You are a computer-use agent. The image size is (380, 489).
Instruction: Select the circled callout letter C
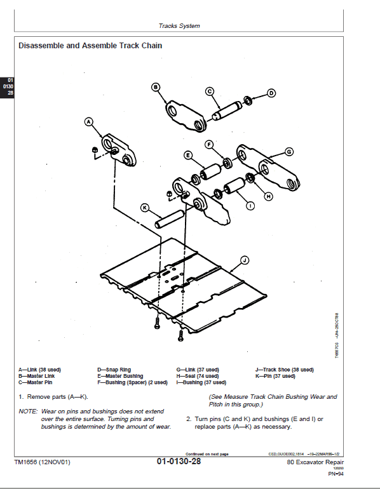click(x=210, y=91)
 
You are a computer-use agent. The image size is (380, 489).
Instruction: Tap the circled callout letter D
click(x=271, y=93)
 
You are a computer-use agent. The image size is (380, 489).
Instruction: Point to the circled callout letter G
click(x=288, y=152)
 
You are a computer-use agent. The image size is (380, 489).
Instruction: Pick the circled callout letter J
click(x=245, y=259)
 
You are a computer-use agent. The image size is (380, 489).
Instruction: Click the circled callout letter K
click(x=144, y=207)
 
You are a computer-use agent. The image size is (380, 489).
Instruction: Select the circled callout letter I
click(x=250, y=205)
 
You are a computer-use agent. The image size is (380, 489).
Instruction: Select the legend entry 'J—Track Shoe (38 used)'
click(x=284, y=369)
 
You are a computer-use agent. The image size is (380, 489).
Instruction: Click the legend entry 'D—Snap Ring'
click(x=114, y=369)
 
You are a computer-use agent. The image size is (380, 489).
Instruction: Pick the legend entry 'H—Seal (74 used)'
click(x=197, y=376)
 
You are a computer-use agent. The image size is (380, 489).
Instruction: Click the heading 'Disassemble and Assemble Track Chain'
click(x=90, y=46)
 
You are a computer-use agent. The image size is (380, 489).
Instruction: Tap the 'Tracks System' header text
click(x=179, y=26)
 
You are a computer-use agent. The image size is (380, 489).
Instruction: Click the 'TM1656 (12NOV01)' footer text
click(x=42, y=462)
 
